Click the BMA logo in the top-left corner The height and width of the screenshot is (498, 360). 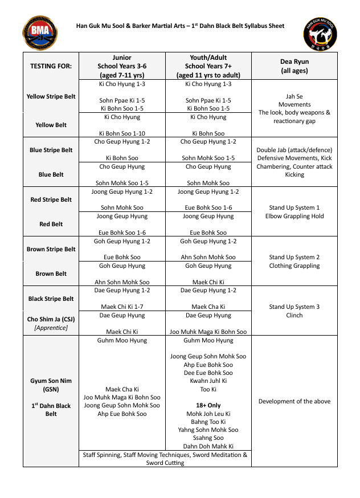click(40, 33)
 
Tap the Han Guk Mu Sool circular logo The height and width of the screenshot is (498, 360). click(321, 33)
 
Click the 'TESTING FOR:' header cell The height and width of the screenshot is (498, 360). click(51, 66)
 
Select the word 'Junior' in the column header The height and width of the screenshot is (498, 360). click(122, 58)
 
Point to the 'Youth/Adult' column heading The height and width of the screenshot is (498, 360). click(208, 58)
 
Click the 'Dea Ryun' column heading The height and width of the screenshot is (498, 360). click(294, 62)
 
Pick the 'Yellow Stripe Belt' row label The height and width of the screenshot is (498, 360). click(51, 96)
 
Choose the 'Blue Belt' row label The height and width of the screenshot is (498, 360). click(51, 175)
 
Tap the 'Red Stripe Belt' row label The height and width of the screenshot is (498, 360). click(51, 199)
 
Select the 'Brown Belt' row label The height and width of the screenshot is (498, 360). click(51, 274)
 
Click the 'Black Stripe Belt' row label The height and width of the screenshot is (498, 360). click(51, 299)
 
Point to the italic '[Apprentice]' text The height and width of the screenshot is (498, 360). click(51, 328)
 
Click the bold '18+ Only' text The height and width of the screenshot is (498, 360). click(208, 405)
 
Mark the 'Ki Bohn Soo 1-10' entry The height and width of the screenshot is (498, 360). click(122, 133)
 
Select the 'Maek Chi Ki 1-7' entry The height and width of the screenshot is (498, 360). click(122, 307)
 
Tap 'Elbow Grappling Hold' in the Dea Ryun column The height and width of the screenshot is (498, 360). click(294, 216)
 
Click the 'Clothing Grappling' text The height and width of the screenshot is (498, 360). click(294, 266)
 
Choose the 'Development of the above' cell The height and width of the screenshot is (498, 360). click(294, 401)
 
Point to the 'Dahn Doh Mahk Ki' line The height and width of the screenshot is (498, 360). click(208, 446)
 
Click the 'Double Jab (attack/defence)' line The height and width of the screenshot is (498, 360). click(294, 150)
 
